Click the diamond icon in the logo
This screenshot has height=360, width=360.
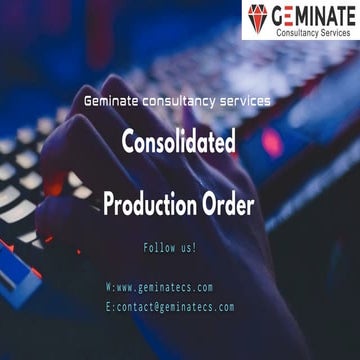coord(258,17)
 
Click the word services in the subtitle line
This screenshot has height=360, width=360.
coord(245,101)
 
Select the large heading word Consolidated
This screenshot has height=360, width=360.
coord(179,143)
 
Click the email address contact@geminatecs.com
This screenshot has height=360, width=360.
coord(175,307)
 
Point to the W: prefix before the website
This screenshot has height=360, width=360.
coord(110,287)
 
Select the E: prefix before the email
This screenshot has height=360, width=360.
coord(110,307)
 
